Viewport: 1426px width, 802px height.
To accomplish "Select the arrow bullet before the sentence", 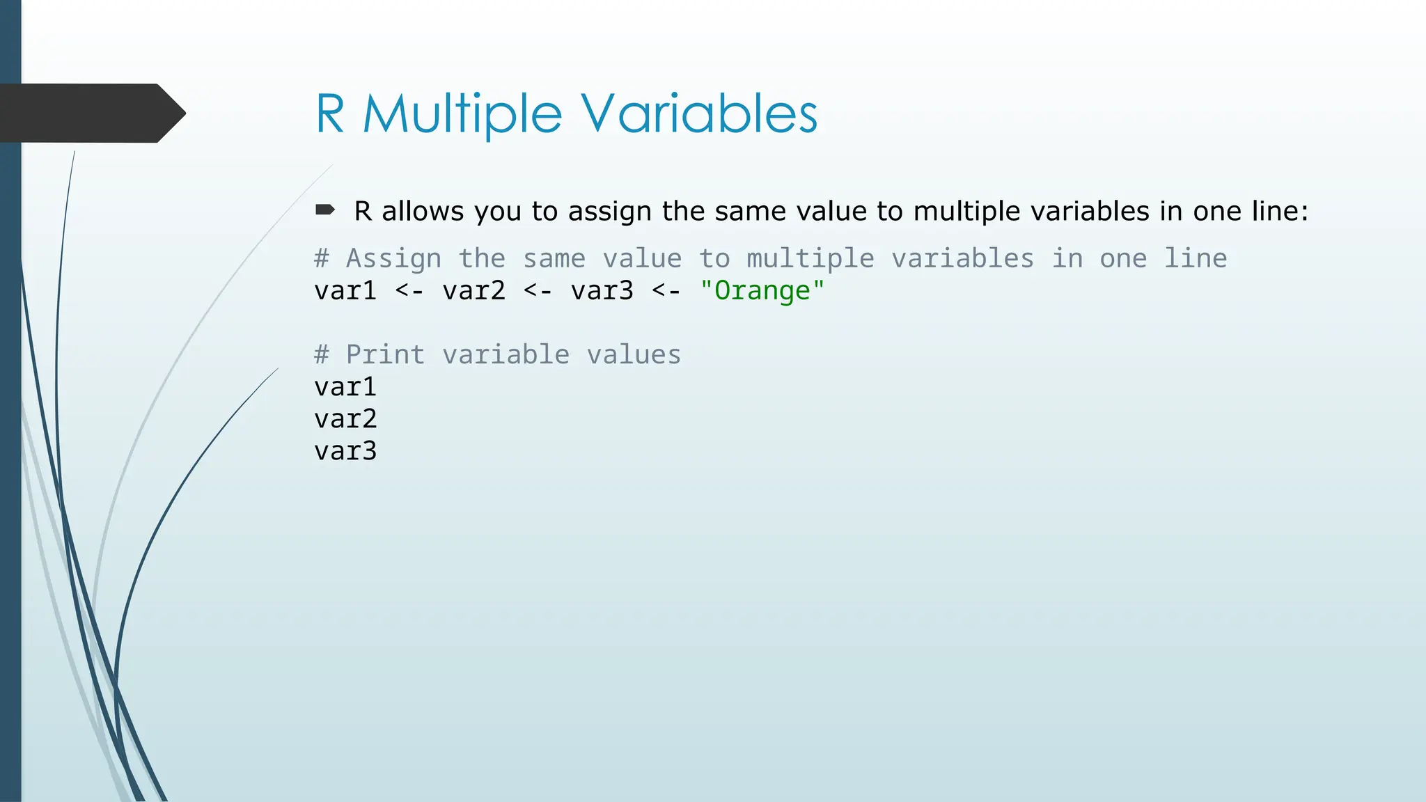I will (325, 210).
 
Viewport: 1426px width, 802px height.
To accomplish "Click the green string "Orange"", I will (762, 290).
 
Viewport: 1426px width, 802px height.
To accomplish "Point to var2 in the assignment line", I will (473, 290).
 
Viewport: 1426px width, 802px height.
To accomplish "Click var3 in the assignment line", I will (602, 290).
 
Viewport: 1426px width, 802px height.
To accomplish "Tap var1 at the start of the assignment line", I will (345, 290).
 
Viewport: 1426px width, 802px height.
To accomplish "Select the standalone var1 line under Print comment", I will (345, 386).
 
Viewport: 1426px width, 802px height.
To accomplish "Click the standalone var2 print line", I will (345, 418).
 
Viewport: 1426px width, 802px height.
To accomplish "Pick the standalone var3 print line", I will (345, 450).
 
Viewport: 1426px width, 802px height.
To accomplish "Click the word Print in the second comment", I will (385, 354).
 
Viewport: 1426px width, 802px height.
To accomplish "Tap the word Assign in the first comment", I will (393, 259).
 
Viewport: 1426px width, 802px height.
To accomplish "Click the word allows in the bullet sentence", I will (423, 211).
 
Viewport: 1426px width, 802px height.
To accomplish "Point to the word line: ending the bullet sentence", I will (1280, 211).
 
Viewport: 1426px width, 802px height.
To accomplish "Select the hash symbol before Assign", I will (321, 258).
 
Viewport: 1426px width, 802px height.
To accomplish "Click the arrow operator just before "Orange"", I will (666, 290).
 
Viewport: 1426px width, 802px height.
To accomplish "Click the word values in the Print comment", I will (634, 354).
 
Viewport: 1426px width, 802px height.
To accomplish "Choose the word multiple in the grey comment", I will (810, 259).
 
